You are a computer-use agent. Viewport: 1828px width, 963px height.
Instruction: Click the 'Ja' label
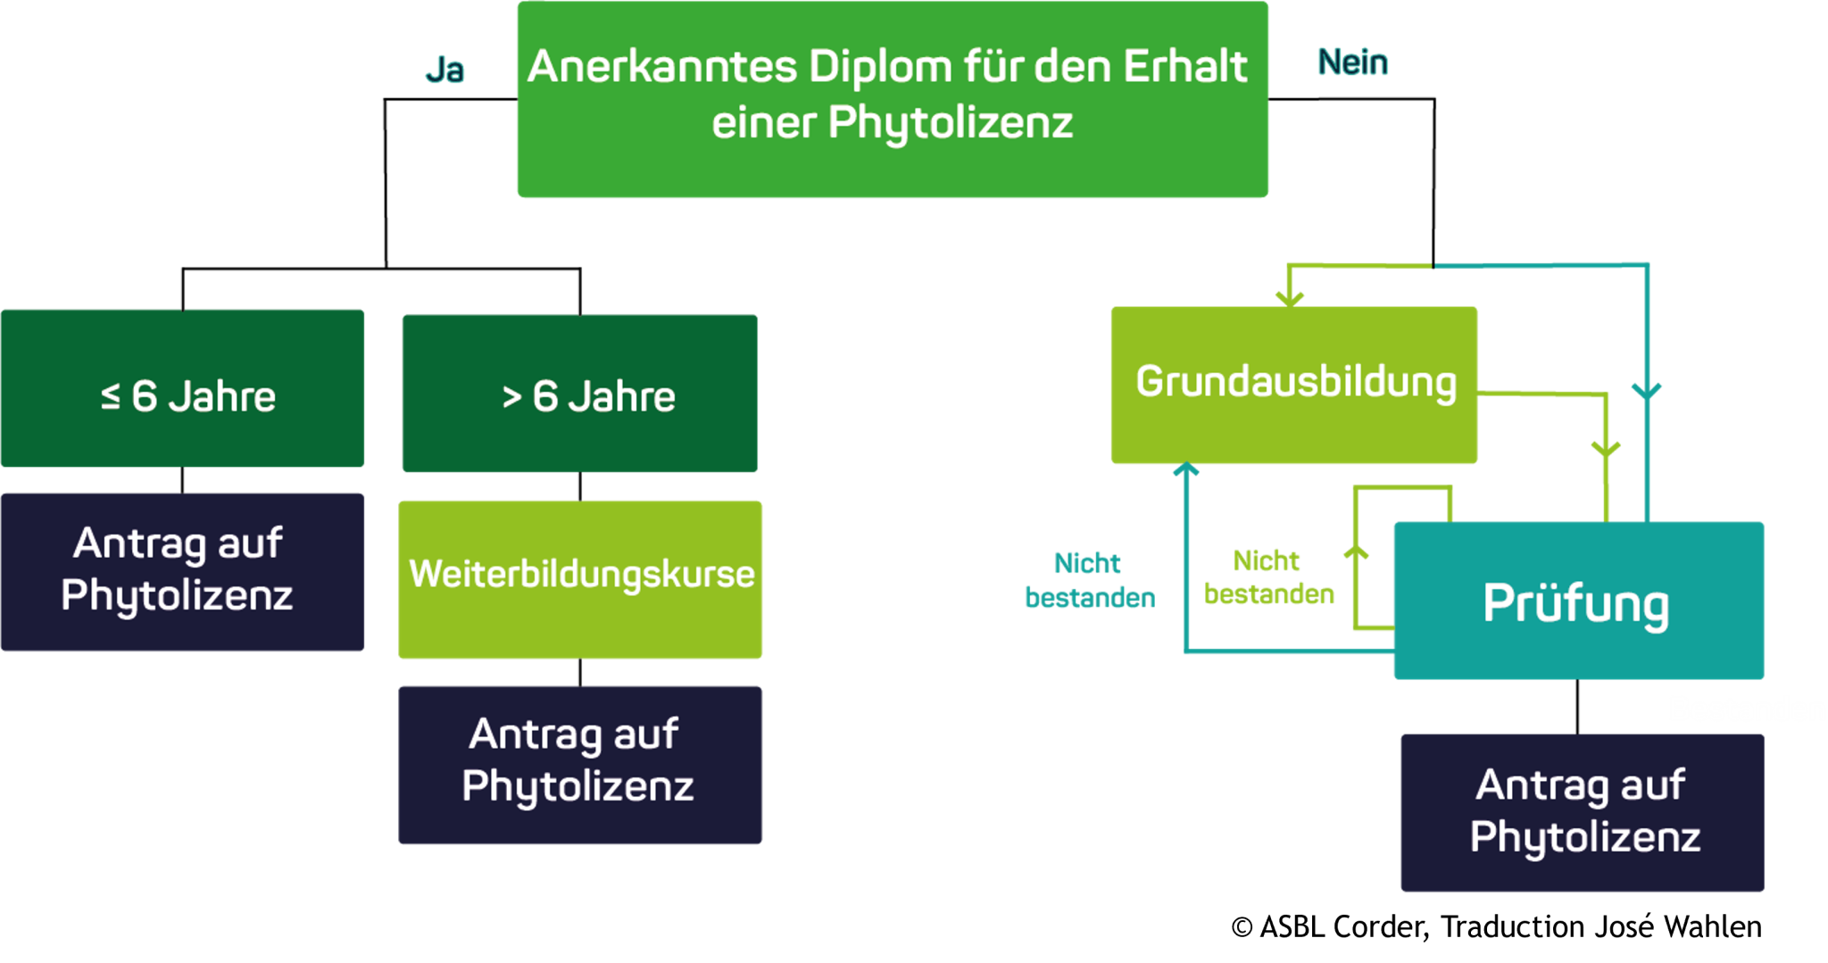(x=445, y=70)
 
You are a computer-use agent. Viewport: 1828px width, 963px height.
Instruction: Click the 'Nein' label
(x=1352, y=62)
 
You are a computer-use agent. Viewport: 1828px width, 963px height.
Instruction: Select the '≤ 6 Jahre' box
(x=182, y=388)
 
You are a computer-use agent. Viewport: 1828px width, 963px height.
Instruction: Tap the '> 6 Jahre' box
(x=579, y=393)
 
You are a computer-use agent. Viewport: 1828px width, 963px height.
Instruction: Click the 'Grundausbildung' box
(x=1294, y=384)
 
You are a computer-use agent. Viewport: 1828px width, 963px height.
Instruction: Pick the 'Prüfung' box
(x=1578, y=600)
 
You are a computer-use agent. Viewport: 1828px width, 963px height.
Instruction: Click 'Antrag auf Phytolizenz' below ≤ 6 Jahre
(x=182, y=571)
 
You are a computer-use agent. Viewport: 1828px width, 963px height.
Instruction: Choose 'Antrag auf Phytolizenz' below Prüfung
(x=1582, y=812)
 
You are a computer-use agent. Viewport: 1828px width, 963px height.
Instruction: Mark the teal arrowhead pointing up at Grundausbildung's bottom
(x=1185, y=469)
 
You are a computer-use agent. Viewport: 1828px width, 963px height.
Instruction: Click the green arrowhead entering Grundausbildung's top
(x=1290, y=296)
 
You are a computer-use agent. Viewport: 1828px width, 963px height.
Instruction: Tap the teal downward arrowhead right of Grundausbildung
(x=1647, y=391)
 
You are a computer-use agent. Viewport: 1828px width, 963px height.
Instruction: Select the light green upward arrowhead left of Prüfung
(x=1356, y=552)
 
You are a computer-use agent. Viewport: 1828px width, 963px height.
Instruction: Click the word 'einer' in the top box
(x=763, y=122)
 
